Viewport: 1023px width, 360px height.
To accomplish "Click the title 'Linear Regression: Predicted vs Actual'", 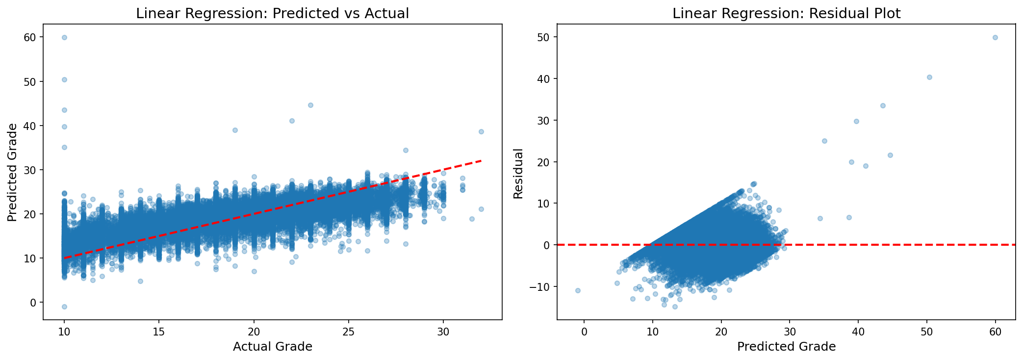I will point(272,13).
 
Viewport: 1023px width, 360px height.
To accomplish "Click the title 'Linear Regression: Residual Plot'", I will point(786,13).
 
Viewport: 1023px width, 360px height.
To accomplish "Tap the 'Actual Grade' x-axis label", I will point(272,347).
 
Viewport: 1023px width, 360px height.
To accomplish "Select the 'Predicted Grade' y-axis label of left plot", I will point(12,172).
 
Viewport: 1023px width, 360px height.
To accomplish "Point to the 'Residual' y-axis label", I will point(518,173).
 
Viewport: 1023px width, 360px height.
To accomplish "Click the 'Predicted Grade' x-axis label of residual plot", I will point(786,347).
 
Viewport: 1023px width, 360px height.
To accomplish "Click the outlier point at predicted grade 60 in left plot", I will point(64,37).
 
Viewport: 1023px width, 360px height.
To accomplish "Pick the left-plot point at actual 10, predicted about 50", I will point(64,79).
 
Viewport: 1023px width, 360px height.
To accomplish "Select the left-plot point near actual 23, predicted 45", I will point(310,105).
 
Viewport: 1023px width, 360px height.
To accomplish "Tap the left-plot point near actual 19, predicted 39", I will point(235,130).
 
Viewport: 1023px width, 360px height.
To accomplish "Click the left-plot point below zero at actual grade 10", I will point(64,307).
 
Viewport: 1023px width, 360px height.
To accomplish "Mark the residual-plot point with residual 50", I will point(995,37).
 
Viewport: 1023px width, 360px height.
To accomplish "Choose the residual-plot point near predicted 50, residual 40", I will point(929,77).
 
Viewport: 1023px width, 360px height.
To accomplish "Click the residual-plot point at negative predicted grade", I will point(578,290).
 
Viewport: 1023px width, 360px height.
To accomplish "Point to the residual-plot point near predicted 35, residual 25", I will point(824,141).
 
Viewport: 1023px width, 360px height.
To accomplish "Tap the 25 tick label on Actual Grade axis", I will point(348,331).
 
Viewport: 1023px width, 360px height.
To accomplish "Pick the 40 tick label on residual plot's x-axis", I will point(858,331).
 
